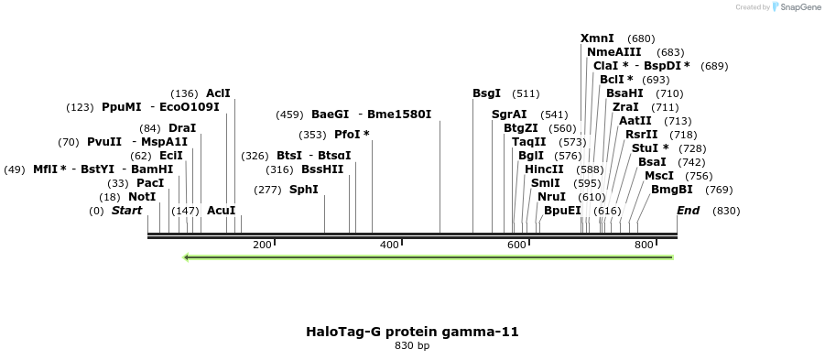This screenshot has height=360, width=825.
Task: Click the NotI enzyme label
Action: coord(142,197)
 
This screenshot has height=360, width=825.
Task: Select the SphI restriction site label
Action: coord(304,190)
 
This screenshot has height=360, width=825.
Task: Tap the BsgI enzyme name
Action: coord(487,93)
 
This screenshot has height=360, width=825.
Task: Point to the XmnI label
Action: coord(597,38)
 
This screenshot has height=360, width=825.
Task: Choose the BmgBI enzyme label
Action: coord(672,190)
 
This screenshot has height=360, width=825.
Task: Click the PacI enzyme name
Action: coord(150,183)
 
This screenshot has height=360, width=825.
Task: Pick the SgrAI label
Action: coord(509,115)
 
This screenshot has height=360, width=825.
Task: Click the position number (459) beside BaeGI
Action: coord(289,115)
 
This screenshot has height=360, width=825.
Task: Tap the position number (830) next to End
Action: coord(726,211)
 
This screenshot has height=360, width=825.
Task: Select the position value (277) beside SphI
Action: coord(268,190)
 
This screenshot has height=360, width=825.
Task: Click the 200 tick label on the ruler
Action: coord(262,245)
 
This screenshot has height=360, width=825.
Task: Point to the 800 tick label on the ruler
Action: coord(644,245)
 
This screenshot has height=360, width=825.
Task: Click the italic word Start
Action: coord(126,211)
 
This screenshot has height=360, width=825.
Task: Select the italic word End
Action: coord(689,211)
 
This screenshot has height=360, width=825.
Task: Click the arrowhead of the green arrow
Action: coord(186,257)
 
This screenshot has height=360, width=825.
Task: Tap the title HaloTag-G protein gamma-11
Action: coord(412,332)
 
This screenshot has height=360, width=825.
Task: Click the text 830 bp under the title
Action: coord(412,345)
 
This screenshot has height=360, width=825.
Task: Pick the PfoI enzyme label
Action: coord(352,135)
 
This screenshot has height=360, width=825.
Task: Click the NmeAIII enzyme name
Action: coord(614,52)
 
